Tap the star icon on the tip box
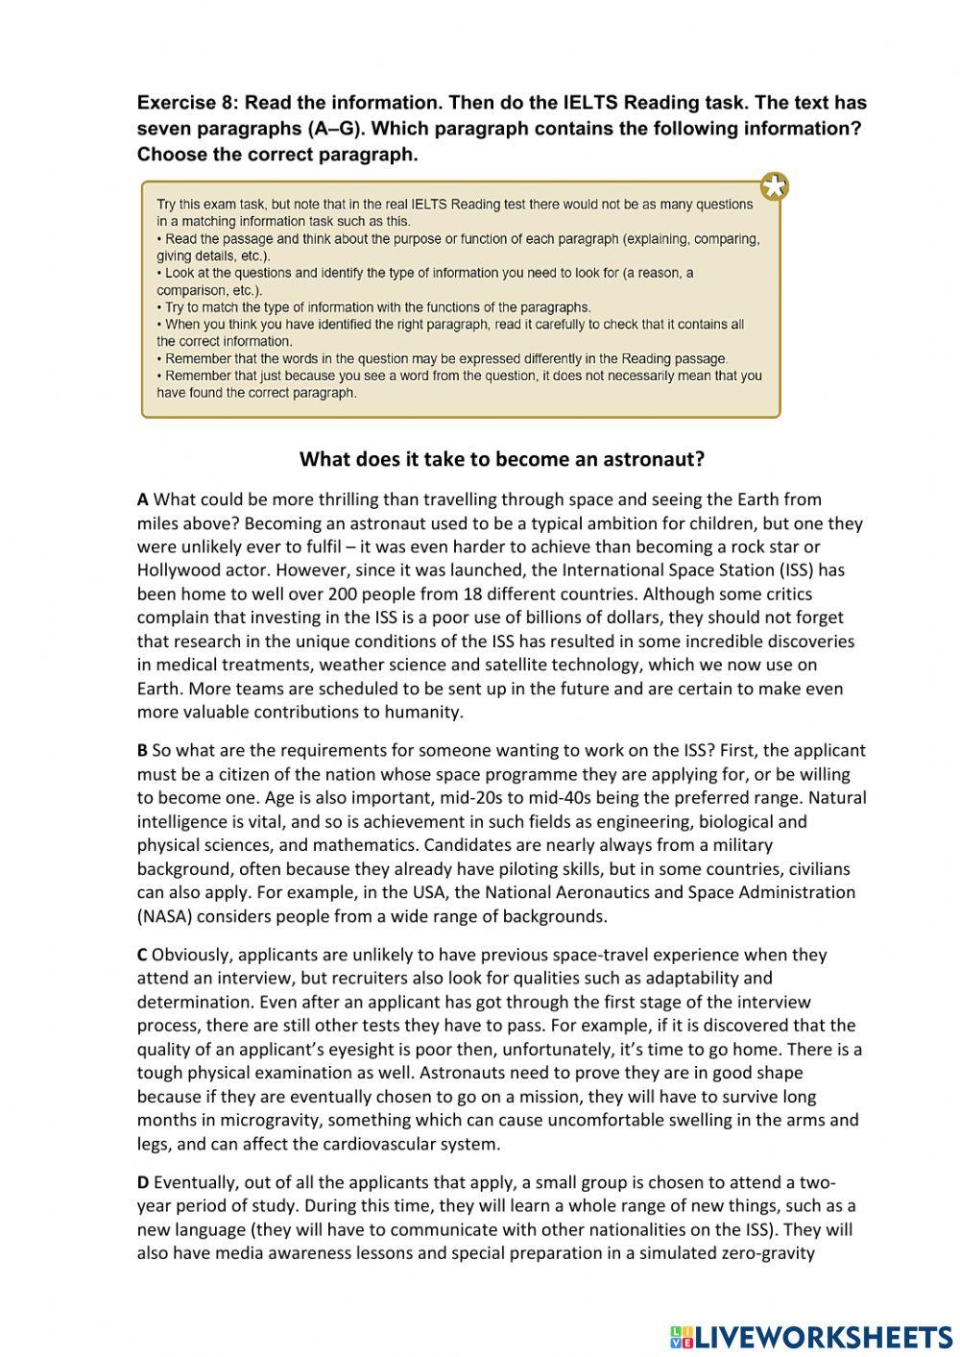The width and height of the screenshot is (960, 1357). pos(774,186)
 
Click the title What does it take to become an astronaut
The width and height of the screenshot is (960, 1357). pos(502,459)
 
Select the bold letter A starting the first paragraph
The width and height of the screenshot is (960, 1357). pos(143,499)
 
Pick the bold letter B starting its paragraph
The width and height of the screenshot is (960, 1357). pos(142,751)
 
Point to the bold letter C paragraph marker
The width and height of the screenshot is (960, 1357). pos(142,956)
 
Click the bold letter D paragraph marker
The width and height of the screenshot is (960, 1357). pos(143,1183)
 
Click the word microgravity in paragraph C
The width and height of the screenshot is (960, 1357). pos(263,1121)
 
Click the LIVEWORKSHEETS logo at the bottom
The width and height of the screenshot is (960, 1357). pos(811,1337)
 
